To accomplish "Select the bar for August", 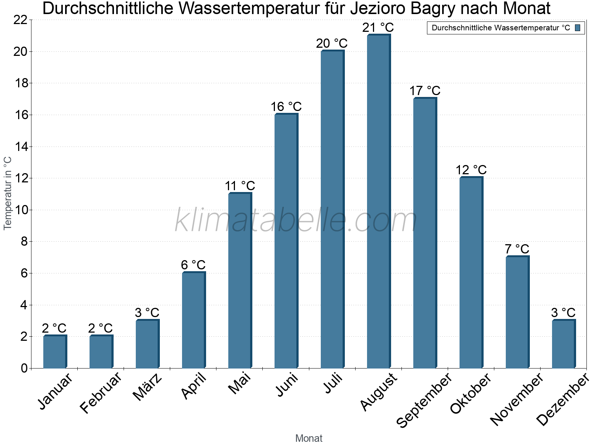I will pos(378,202).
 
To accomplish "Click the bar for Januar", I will pos(54,352).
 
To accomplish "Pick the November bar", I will pos(517,312).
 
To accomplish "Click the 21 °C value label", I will pos(378,28).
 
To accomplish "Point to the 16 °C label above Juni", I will pos(286,107).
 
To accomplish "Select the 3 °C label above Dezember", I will pos(563,313).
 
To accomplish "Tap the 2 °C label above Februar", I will pos(101,328).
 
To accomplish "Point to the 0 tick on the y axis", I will pos(24,368).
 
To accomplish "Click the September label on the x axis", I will pos(424,400).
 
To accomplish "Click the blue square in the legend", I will pos(578,28).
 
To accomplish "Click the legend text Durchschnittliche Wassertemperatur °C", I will pos(501,28).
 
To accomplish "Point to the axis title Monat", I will pos(309,438).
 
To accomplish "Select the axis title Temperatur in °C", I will pos(8,193).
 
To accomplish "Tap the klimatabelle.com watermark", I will pos(296,221).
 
